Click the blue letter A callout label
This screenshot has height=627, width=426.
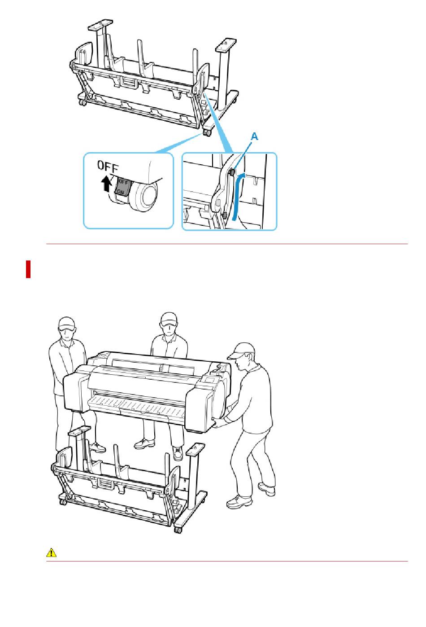tap(254, 136)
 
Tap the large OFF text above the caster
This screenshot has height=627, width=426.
tap(108, 166)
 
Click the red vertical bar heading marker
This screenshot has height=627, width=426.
tap(28, 269)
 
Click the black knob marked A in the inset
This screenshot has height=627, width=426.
tap(232, 172)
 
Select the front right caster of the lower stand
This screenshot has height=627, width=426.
tap(178, 529)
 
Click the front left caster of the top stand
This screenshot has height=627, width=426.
tap(83, 102)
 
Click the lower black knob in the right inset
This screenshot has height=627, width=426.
tap(224, 215)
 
